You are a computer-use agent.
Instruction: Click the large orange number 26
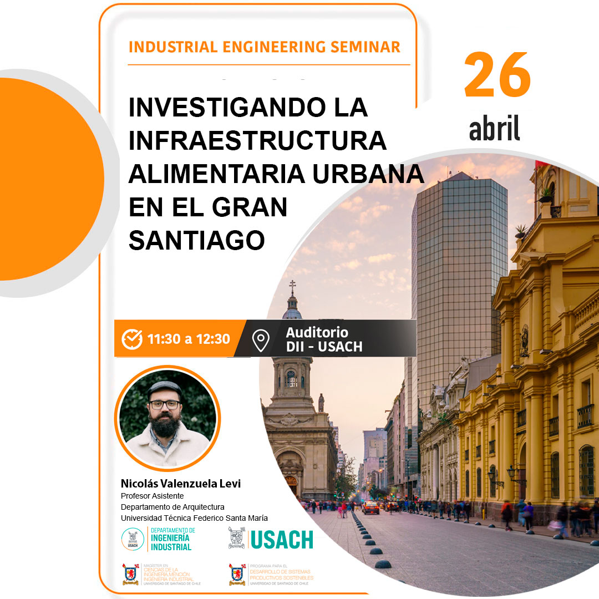(498, 75)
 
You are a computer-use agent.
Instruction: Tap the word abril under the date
(494, 129)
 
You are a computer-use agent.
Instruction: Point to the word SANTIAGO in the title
(196, 240)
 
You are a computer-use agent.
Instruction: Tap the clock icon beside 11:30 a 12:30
(132, 338)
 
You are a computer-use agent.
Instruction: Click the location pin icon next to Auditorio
(260, 340)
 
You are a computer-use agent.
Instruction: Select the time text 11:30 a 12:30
(189, 339)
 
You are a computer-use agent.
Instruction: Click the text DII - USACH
(324, 347)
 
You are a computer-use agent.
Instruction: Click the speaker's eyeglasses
(165, 404)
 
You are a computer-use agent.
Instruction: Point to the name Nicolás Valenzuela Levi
(181, 484)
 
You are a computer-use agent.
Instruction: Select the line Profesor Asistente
(152, 496)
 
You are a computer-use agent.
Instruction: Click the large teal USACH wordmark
(282, 540)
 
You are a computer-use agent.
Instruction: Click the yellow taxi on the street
(370, 507)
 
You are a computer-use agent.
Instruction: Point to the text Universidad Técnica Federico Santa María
(194, 518)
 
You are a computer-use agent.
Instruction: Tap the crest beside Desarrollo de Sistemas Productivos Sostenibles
(237, 575)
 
